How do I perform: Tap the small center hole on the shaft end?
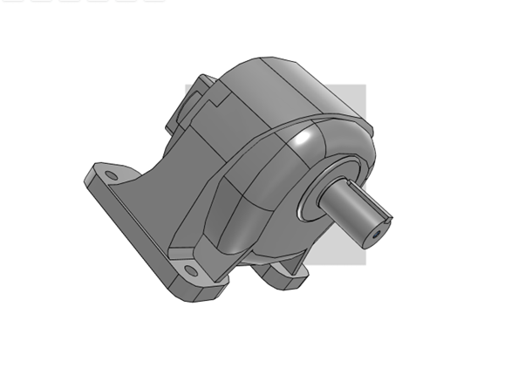coord(376,234)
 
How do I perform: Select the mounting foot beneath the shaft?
coord(283,275)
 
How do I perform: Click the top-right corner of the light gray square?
coord(365,84)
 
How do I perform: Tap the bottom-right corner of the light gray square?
coord(365,262)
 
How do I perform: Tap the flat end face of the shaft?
coord(380,228)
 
